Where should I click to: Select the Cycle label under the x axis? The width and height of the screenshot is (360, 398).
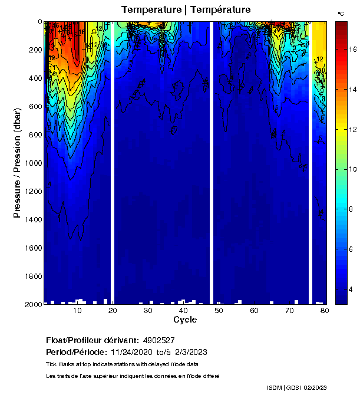coord(185,320)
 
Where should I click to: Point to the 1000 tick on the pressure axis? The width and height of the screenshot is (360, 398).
coord(30,163)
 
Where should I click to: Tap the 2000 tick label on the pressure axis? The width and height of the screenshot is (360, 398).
coord(30,304)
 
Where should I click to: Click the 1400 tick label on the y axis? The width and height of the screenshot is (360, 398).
coord(30,219)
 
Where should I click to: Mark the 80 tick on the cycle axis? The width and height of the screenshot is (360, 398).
coord(325,310)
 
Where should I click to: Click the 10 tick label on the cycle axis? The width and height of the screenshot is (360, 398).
coord(77,310)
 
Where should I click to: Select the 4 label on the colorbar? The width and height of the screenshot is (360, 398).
coord(351,290)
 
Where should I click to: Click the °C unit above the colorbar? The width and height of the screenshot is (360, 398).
coord(341,13)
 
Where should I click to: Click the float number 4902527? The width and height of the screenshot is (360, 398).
coord(160,341)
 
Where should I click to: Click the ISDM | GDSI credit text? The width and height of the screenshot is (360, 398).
coord(288,387)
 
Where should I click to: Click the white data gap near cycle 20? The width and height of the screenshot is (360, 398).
coord(112,162)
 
